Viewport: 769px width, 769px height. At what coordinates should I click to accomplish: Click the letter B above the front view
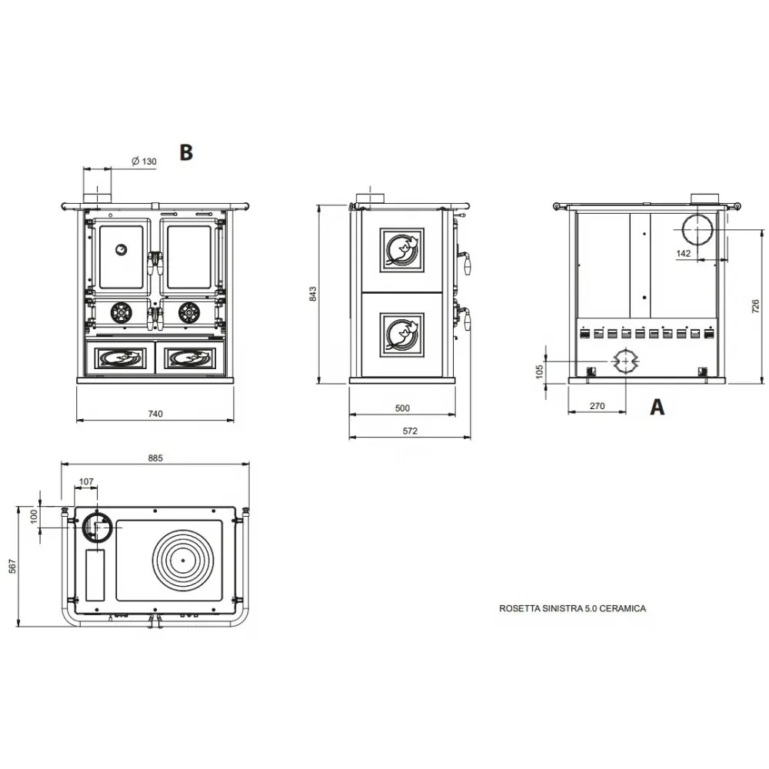[185, 152]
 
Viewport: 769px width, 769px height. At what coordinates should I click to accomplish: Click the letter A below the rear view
[657, 407]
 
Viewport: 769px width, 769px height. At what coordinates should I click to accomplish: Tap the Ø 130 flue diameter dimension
[144, 161]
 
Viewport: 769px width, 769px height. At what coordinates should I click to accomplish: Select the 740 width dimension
[155, 414]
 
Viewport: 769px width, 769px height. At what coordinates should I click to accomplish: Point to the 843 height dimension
[313, 294]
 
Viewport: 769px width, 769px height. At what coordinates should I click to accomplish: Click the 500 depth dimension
[402, 408]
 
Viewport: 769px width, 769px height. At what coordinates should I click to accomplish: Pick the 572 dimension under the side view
[409, 431]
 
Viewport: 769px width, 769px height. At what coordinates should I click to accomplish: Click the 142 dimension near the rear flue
[684, 253]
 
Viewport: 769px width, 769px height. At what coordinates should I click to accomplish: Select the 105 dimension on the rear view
[539, 371]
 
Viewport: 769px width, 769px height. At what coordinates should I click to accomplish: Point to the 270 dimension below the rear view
[598, 405]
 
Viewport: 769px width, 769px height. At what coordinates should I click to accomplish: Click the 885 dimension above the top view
[155, 458]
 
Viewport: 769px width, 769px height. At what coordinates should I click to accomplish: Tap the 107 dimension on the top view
[86, 482]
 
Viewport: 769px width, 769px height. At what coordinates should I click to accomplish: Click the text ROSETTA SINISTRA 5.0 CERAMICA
[573, 608]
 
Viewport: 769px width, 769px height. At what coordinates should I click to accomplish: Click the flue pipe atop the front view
[97, 195]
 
